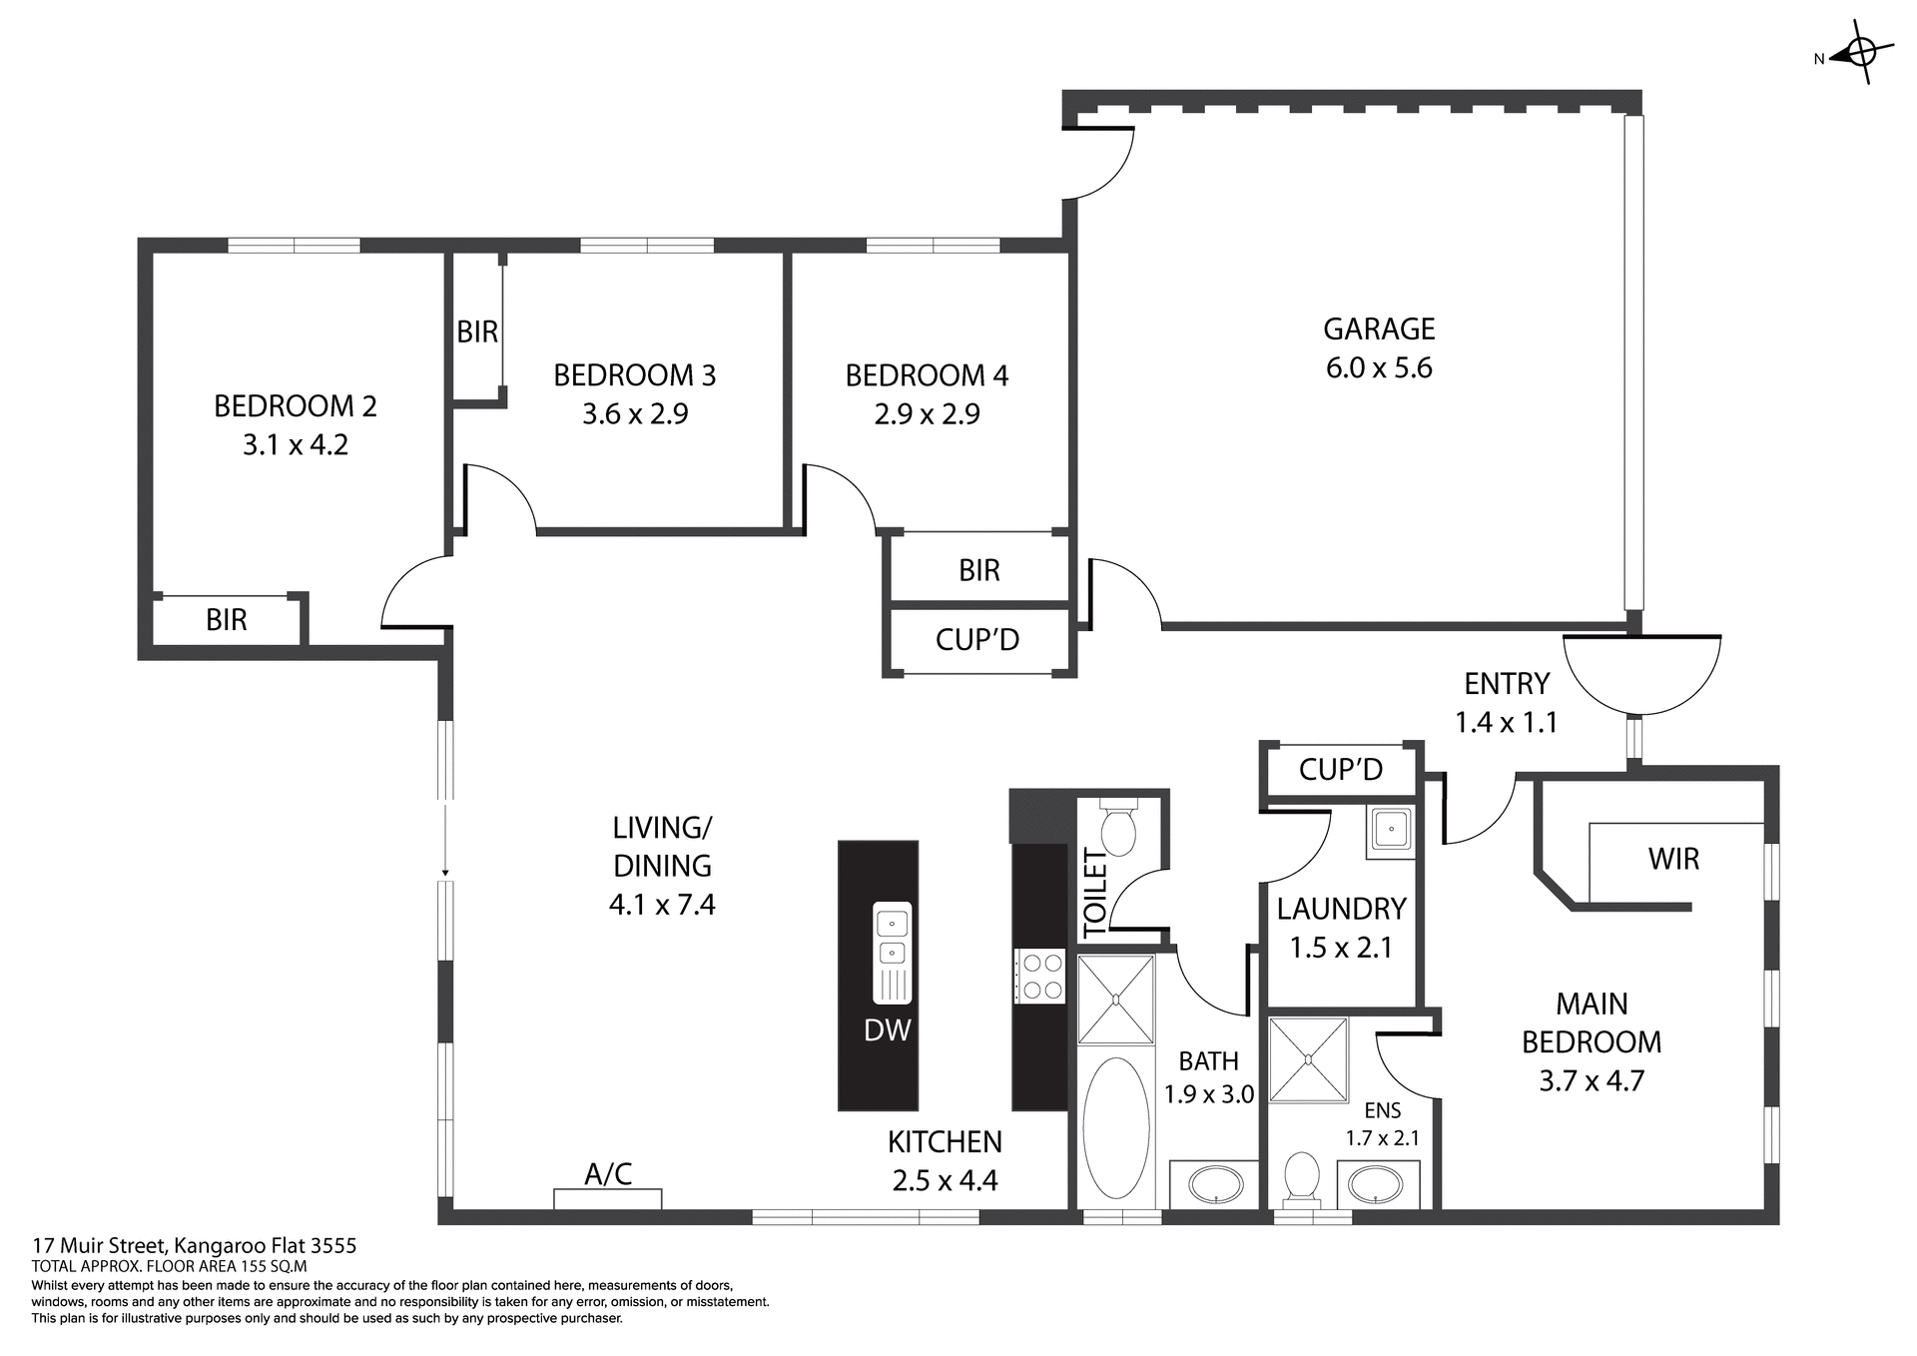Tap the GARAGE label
(1378, 329)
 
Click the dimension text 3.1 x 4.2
(296, 444)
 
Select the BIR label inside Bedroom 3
(476, 332)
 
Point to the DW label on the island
(887, 1030)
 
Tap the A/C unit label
(608, 1174)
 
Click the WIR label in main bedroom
(1673, 859)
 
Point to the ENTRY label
(1506, 684)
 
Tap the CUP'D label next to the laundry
(1340, 769)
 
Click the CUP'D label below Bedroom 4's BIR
(976, 640)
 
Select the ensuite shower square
(1308, 1059)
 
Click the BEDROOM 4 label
(926, 375)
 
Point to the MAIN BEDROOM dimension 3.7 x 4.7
(1591, 1080)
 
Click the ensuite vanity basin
(1376, 1185)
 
